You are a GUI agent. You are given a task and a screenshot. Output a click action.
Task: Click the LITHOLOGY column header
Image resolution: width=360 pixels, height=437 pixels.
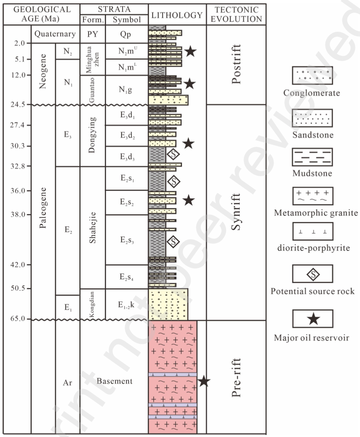(177, 15)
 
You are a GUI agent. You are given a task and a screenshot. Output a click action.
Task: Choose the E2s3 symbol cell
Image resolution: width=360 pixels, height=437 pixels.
(127, 240)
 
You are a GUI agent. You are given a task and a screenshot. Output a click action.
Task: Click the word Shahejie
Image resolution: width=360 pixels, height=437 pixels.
(92, 227)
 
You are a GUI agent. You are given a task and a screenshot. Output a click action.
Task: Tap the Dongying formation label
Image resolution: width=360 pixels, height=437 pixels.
(92, 135)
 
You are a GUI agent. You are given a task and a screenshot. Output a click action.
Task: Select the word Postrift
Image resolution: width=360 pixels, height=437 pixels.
(236, 64)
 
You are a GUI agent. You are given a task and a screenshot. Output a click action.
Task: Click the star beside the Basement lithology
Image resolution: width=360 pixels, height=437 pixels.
(204, 381)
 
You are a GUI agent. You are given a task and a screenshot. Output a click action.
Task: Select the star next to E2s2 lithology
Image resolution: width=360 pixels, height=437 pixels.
(189, 200)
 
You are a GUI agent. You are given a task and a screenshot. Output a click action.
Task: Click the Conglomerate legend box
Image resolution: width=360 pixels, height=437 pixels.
(312, 75)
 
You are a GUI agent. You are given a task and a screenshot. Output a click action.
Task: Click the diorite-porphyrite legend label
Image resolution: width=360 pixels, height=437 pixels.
(312, 248)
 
